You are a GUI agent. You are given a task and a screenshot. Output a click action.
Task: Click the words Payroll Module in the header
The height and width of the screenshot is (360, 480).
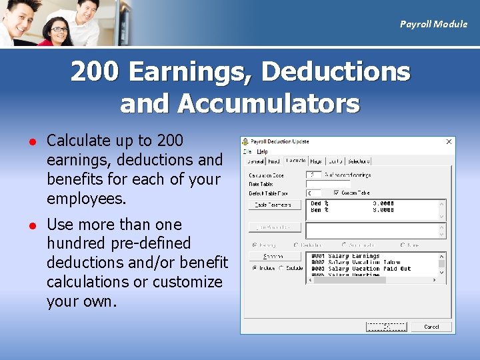pyautogui.click(x=433, y=24)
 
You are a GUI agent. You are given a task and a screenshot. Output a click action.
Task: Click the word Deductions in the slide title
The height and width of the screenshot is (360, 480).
pyautogui.click(x=336, y=72)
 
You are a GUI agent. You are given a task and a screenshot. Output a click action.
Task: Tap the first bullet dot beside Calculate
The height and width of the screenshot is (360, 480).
pyautogui.click(x=30, y=141)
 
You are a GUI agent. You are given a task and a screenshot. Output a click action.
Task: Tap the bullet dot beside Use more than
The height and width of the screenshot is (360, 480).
pyautogui.click(x=30, y=225)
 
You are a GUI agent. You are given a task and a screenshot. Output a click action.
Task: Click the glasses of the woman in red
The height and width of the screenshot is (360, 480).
pyautogui.click(x=59, y=29)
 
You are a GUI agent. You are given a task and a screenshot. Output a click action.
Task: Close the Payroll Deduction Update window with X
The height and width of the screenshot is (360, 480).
pyautogui.click(x=449, y=142)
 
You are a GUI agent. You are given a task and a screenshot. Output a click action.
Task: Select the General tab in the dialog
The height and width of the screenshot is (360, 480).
pyautogui.click(x=255, y=161)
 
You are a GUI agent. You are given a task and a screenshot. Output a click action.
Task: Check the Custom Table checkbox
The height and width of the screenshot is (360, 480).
pyautogui.click(x=337, y=193)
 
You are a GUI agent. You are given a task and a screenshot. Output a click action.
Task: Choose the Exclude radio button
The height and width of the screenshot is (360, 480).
pyautogui.click(x=281, y=268)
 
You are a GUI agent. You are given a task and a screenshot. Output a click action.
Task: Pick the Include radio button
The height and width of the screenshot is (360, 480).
pyautogui.click(x=255, y=268)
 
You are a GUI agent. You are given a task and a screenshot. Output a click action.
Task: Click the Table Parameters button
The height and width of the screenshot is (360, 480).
pyautogui.click(x=275, y=205)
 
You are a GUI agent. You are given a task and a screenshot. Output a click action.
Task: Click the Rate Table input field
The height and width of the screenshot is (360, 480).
pyautogui.click(x=318, y=184)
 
